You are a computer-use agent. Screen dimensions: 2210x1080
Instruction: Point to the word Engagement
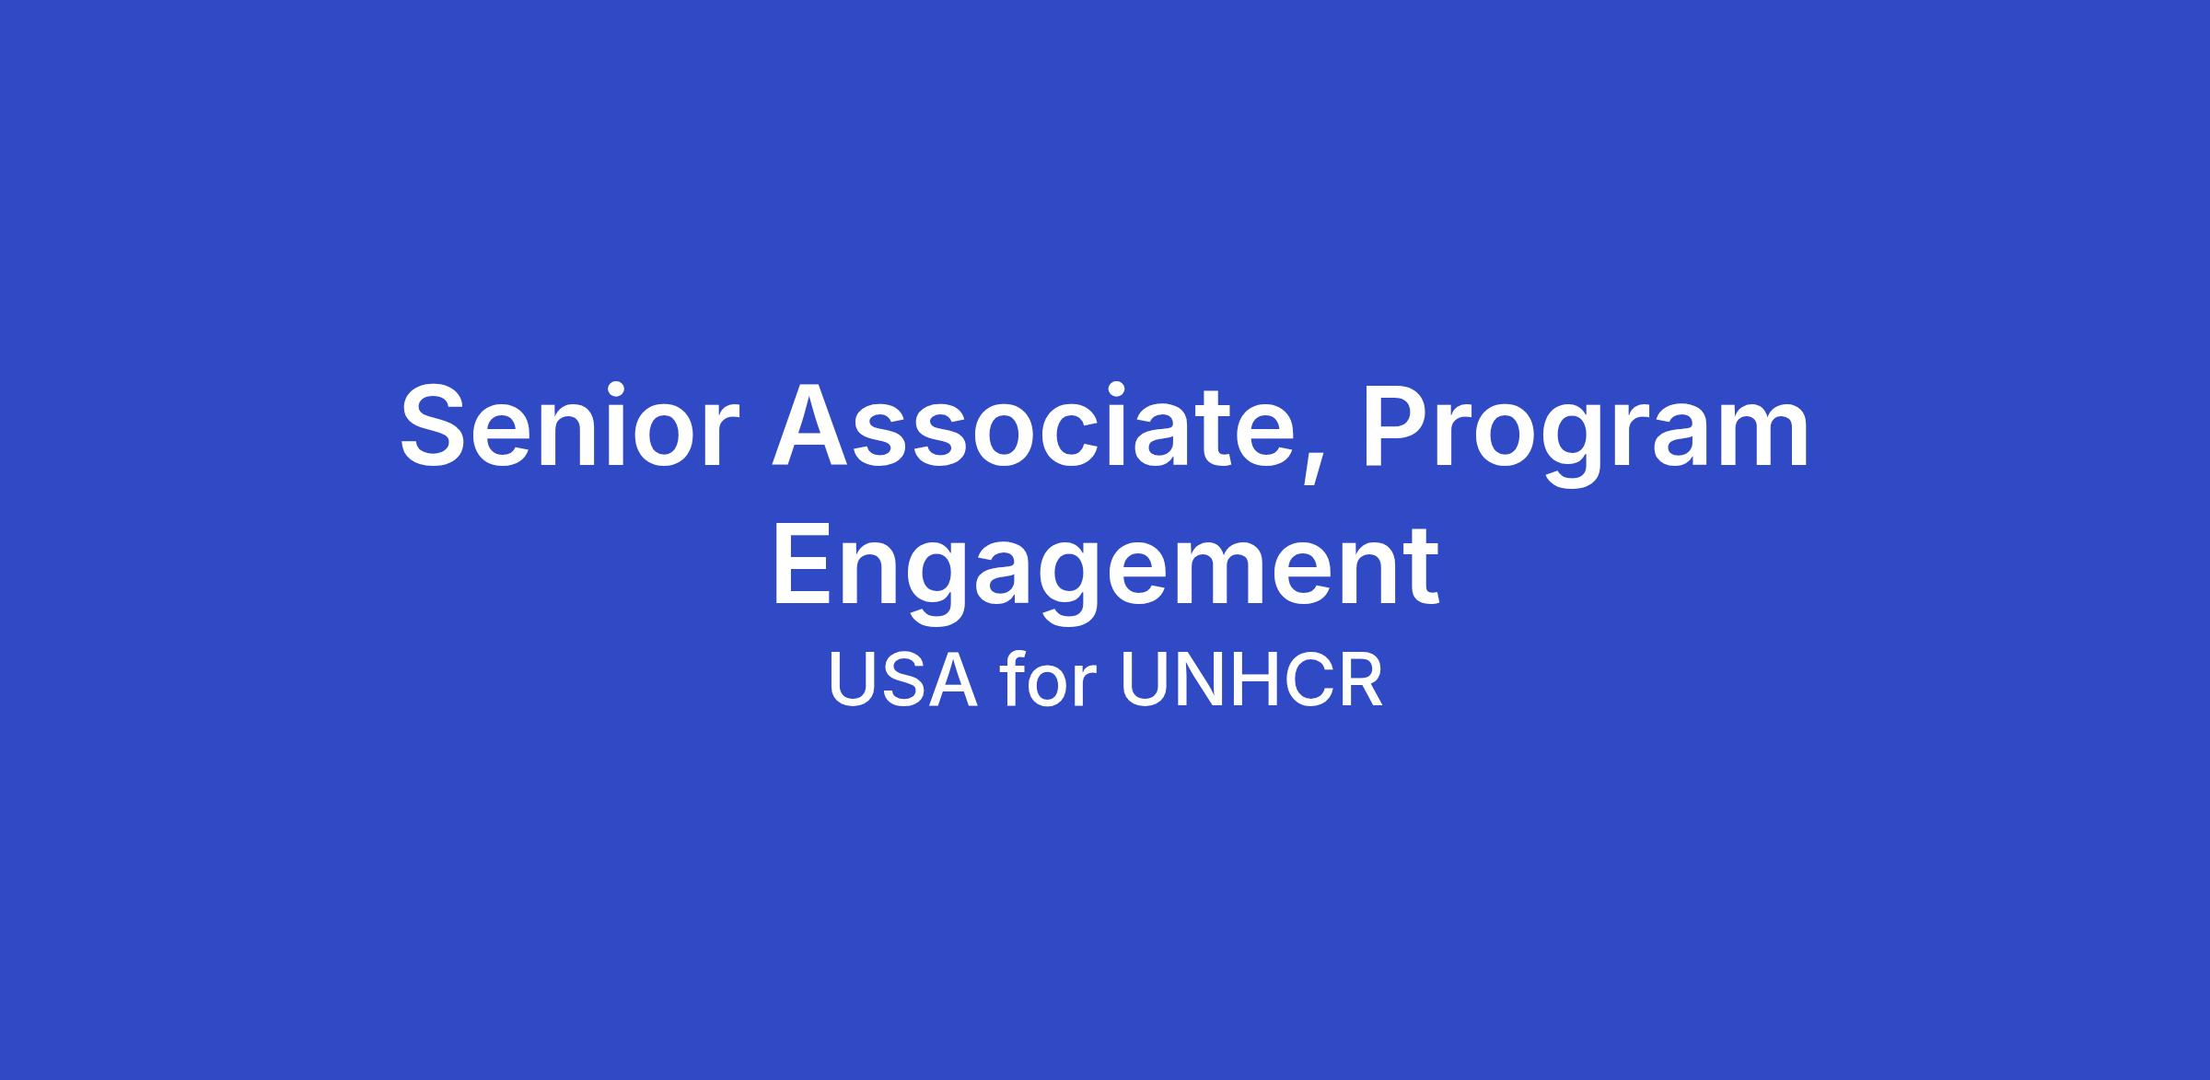pyautogui.click(x=1105, y=567)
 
